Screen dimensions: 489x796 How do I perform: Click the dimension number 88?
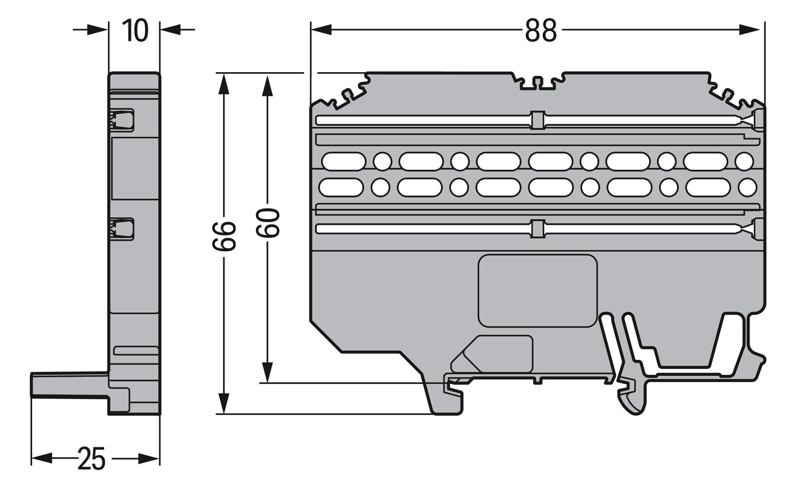pos(541,31)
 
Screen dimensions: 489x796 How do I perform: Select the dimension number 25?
pos(91,459)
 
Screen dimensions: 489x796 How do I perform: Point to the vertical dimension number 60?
pos(268,223)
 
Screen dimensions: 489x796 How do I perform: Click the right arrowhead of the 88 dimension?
pos(750,30)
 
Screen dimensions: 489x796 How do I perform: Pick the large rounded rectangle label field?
pos(538,291)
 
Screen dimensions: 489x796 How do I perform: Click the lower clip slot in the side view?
pos(122,229)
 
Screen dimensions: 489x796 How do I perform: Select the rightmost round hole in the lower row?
pos(747,187)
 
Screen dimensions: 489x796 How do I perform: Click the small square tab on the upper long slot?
pos(538,120)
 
